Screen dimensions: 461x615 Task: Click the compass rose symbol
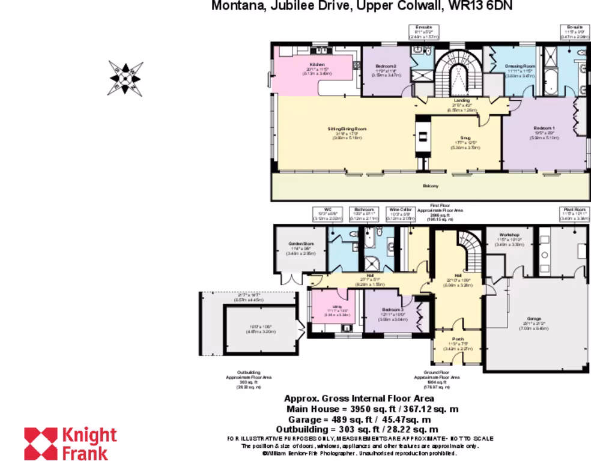click(126, 77)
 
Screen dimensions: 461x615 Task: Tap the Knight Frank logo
click(70, 443)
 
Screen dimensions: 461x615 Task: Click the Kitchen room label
click(317, 65)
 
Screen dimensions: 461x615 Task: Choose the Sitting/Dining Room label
click(347, 129)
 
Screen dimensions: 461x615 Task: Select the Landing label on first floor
click(462, 100)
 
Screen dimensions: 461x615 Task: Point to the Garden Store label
click(300, 244)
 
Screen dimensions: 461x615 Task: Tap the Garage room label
click(534, 318)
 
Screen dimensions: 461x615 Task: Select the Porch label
click(459, 338)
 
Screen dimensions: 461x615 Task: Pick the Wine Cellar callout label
click(399, 210)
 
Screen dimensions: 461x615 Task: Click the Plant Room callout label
click(574, 209)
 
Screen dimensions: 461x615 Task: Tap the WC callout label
click(327, 209)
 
